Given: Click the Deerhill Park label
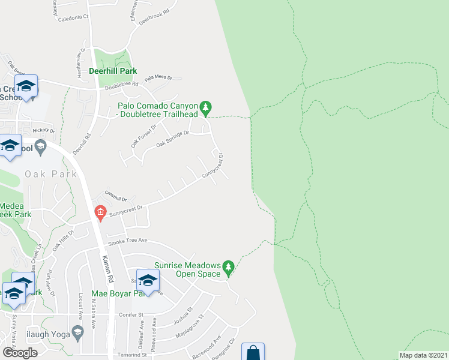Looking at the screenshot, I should (113, 71).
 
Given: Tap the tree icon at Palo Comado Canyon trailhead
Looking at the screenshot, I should (206, 108).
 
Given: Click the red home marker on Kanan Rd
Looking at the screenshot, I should (100, 212).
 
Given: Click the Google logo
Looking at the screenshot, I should (20, 353).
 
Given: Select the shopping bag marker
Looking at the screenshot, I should (253, 352).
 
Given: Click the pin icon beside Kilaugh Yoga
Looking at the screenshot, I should (77, 331).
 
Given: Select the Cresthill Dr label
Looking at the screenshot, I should (116, 196).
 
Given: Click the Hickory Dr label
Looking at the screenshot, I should (44, 130).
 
